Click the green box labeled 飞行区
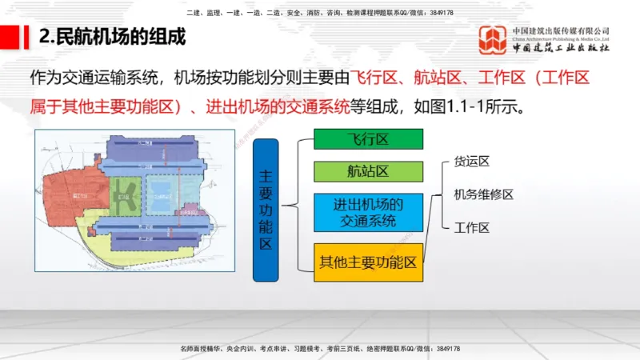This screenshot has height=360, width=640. [367, 139]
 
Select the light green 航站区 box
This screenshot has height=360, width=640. [367, 171]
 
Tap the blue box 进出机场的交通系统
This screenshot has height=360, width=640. [367, 212]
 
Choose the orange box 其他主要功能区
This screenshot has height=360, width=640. [367, 262]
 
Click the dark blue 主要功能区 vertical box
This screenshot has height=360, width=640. [266, 210]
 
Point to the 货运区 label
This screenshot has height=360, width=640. [471, 161]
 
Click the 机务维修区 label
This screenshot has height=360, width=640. [483, 194]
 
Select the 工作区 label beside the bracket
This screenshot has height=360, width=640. [471, 228]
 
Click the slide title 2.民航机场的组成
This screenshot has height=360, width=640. [112, 37]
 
